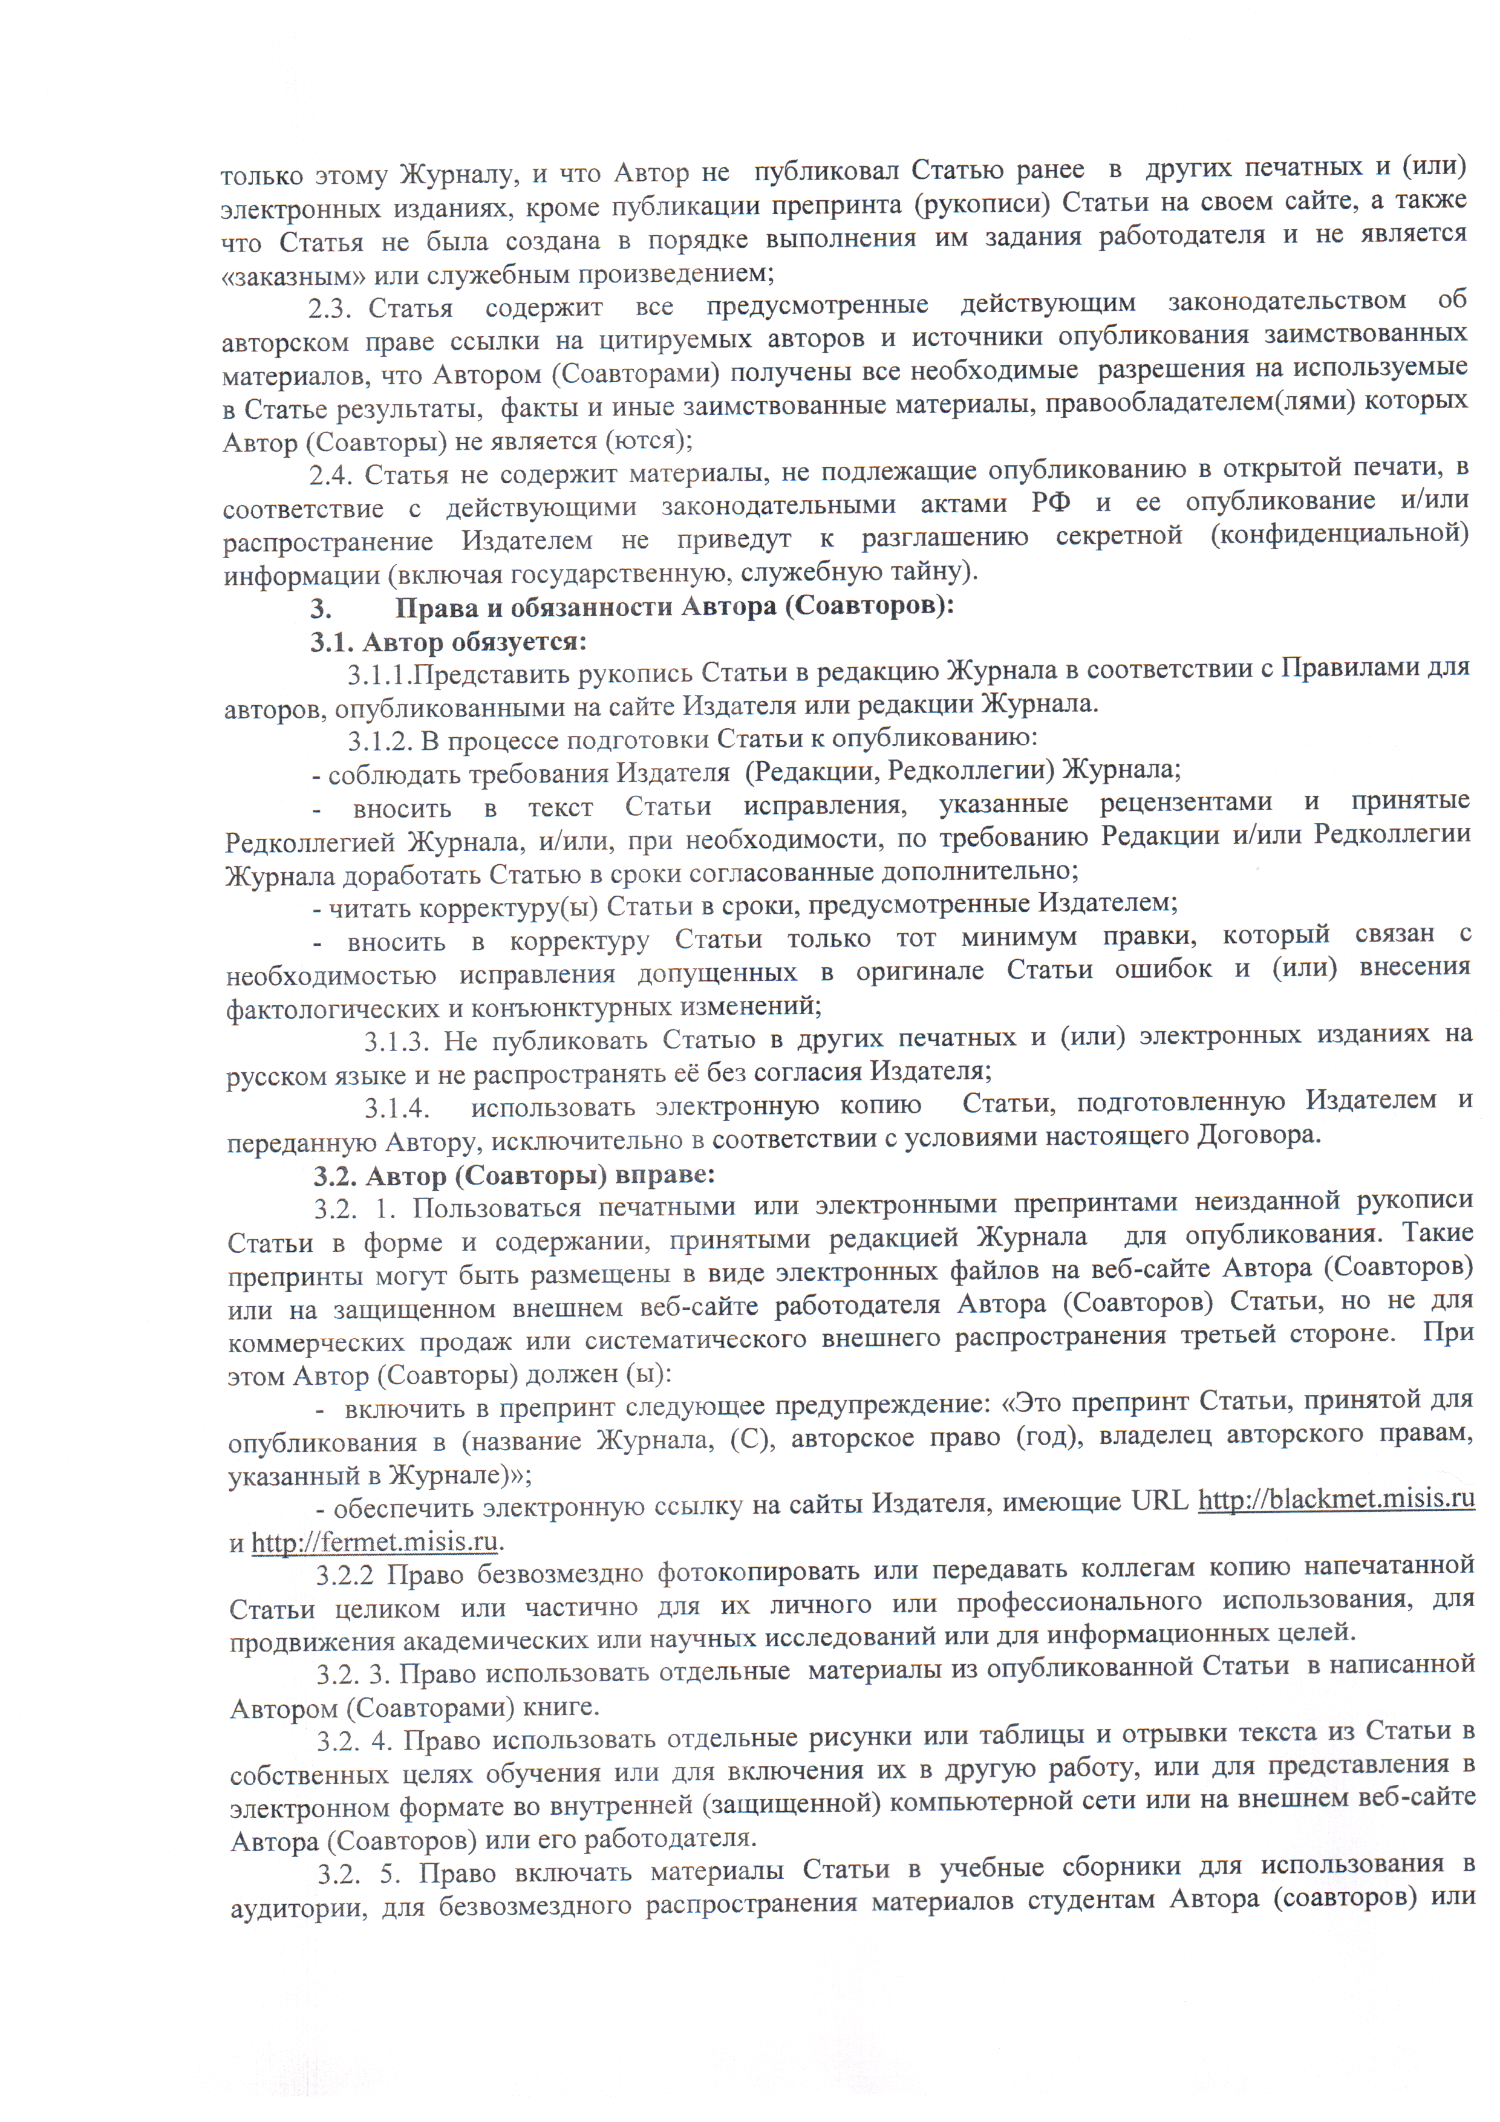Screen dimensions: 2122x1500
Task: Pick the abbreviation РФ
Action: [1050, 504]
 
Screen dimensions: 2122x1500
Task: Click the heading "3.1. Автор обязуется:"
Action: [448, 642]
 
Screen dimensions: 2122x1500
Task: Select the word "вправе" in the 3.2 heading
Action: [665, 1176]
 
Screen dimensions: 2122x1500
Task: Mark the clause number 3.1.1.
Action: [379, 675]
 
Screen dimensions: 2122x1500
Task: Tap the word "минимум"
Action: [1019, 937]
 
